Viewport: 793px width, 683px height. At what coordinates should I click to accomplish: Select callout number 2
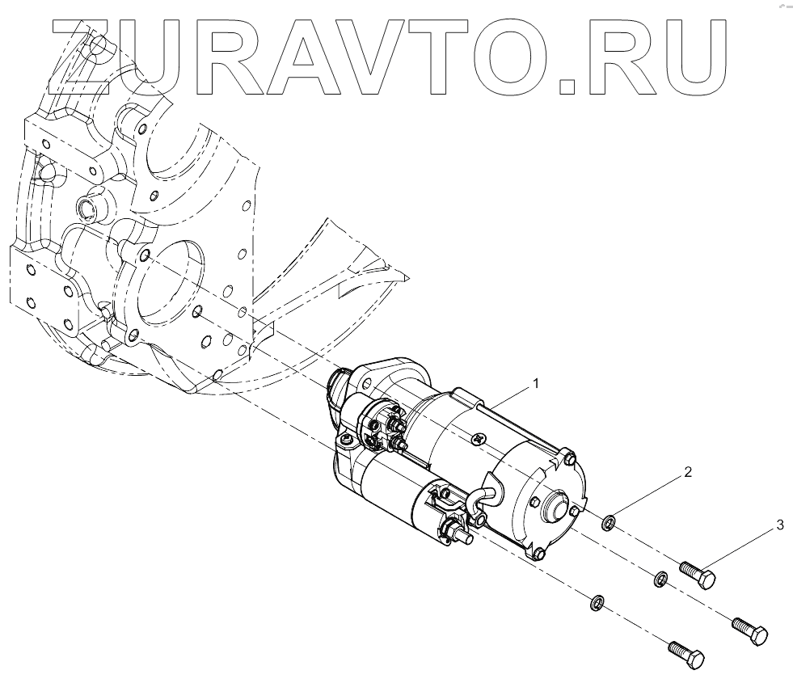coord(688,473)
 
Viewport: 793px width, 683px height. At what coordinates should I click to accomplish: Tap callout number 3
coord(779,525)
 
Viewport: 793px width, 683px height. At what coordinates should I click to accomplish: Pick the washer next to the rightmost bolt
coord(660,579)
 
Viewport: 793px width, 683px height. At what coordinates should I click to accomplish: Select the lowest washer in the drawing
coord(597,602)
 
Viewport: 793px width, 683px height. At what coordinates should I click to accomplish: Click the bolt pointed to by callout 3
coord(698,577)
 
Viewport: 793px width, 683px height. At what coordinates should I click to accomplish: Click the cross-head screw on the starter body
coord(480,438)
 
